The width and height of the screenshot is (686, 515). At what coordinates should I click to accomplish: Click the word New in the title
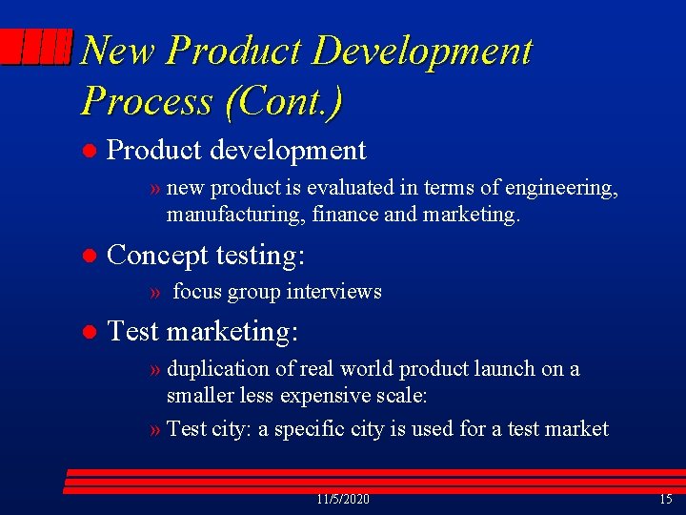(118, 51)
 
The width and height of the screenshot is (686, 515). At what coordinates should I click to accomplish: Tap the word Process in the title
(147, 99)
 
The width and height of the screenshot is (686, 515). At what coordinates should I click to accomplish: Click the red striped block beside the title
(36, 47)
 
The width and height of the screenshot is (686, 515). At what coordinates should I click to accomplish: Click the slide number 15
(665, 500)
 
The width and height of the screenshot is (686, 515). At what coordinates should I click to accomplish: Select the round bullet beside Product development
(88, 151)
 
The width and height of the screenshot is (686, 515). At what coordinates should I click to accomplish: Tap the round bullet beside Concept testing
(88, 256)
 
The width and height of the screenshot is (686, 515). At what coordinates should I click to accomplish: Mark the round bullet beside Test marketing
(88, 332)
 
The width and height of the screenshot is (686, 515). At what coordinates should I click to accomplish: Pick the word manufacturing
(224, 216)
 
